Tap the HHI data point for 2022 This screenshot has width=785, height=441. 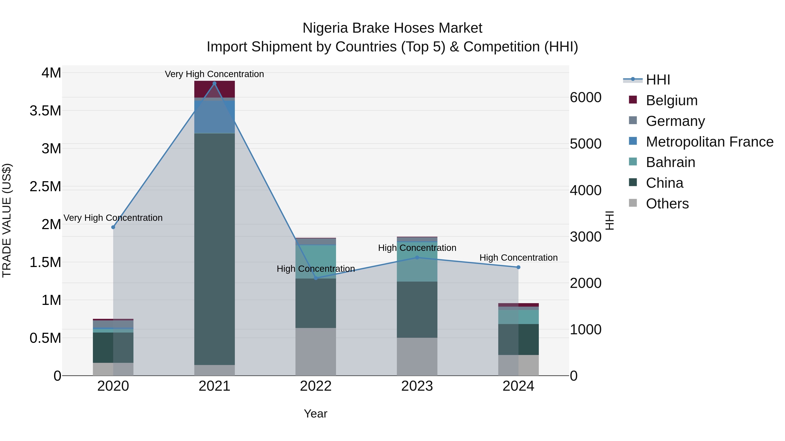pos(316,278)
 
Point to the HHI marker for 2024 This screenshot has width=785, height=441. pos(518,267)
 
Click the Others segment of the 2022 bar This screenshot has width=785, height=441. pos(316,351)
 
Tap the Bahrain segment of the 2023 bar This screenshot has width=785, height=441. pos(417,262)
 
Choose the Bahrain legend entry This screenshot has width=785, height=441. pos(671,162)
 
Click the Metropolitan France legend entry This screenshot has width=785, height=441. pos(709,142)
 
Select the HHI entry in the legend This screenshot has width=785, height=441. pos(658,80)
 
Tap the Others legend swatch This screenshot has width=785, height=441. pos(633,203)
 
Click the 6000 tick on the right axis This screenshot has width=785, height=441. pos(586,97)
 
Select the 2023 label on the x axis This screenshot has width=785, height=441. pos(417,386)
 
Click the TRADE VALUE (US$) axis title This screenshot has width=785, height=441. pos(7,220)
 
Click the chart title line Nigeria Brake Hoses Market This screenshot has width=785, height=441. pos(392,28)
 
